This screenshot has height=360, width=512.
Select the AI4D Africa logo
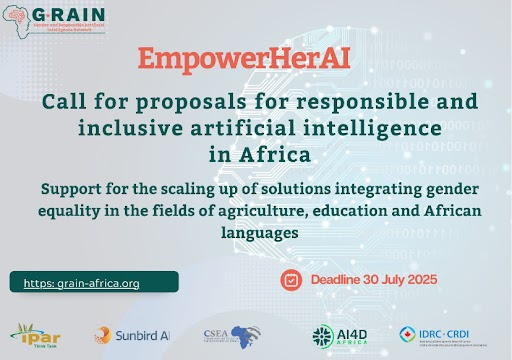340,335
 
